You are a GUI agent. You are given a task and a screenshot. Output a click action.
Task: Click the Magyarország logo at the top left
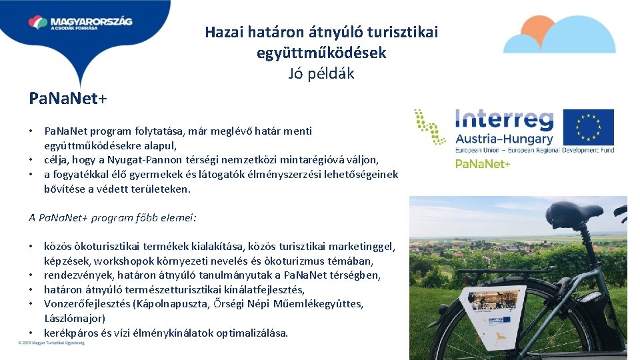tap(80, 23)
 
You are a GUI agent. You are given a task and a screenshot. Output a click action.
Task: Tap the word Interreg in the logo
tap(504, 120)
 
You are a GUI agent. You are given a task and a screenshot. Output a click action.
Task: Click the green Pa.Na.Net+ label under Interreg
tap(483, 163)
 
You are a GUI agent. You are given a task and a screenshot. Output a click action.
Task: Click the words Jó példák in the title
tap(321, 73)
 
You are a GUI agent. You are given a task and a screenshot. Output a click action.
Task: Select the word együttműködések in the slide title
tap(321, 53)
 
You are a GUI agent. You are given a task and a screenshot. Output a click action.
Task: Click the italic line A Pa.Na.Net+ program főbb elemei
tap(112, 217)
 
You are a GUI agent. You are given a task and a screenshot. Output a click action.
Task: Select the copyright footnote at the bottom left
tap(51, 343)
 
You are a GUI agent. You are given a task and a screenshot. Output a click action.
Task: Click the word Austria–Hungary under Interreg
tap(504, 139)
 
